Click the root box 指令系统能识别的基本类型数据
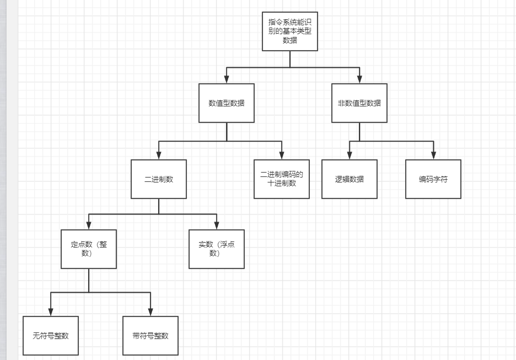(x=290, y=31)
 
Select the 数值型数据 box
(x=227, y=103)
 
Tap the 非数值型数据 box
(x=359, y=103)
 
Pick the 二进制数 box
(x=159, y=179)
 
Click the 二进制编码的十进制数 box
(x=282, y=179)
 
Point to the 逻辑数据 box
(x=350, y=179)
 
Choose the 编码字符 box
(x=433, y=179)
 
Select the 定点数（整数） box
(x=89, y=249)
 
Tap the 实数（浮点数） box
(x=217, y=249)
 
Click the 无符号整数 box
(x=51, y=336)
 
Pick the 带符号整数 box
(x=150, y=336)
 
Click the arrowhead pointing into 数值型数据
(x=227, y=80)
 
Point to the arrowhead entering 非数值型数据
(x=359, y=80)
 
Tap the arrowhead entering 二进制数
(x=159, y=156)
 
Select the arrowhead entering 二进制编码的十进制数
(x=282, y=156)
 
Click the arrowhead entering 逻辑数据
(x=350, y=156)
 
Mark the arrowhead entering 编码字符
(x=433, y=156)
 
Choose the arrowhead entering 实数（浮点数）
(x=217, y=226)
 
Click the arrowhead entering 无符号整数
(x=51, y=313)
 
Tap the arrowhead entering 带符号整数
(x=150, y=313)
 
